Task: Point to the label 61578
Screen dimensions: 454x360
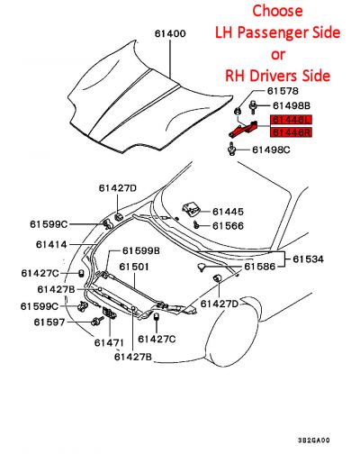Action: pyautogui.click(x=282, y=91)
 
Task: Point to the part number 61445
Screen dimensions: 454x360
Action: pyautogui.click(x=228, y=212)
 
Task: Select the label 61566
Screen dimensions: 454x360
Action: pyautogui.click(x=228, y=226)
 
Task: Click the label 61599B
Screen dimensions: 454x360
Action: pyautogui.click(x=140, y=250)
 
